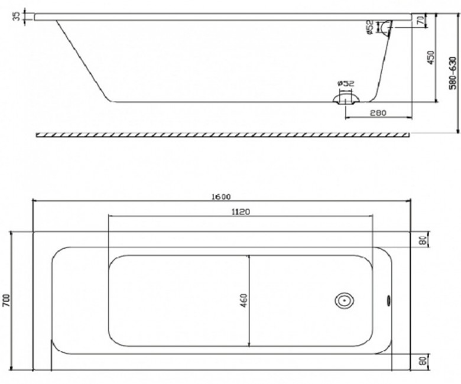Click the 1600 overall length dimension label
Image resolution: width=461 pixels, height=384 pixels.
[x=221, y=197]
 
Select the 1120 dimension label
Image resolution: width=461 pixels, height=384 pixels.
[x=241, y=211]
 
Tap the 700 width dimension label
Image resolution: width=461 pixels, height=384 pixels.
[x=7, y=300]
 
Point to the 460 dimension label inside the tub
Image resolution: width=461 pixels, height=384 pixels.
[x=244, y=301]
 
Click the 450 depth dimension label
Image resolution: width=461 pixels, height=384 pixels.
[x=430, y=58]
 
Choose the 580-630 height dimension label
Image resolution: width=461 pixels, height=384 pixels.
[x=453, y=73]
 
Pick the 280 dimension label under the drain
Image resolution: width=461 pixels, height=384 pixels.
[x=378, y=112]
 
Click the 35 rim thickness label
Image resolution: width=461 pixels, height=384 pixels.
[x=17, y=16]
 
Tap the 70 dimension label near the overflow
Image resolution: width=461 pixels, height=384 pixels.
[x=421, y=20]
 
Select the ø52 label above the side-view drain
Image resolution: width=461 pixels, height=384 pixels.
[x=346, y=83]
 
